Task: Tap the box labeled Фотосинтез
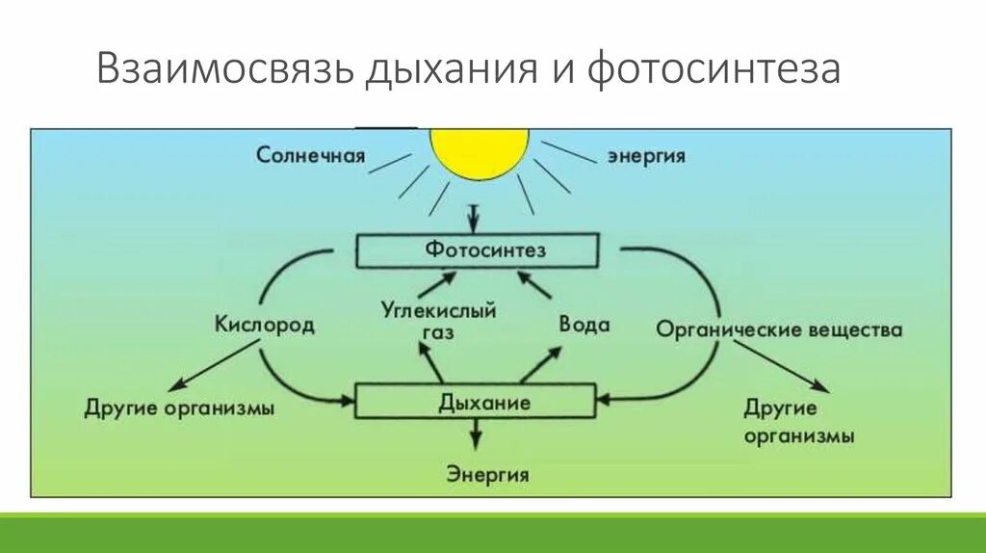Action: pyautogui.click(x=479, y=250)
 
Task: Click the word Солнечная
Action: pyautogui.click(x=310, y=155)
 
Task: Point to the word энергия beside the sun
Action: pyautogui.click(x=645, y=156)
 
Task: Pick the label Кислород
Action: pyautogui.click(x=264, y=325)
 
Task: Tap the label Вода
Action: pyautogui.click(x=584, y=325)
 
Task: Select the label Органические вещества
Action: pyautogui.click(x=779, y=330)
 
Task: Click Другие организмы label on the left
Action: pyautogui.click(x=179, y=408)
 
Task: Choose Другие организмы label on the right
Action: pyautogui.click(x=799, y=421)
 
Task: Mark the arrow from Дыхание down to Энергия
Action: pyautogui.click(x=477, y=434)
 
